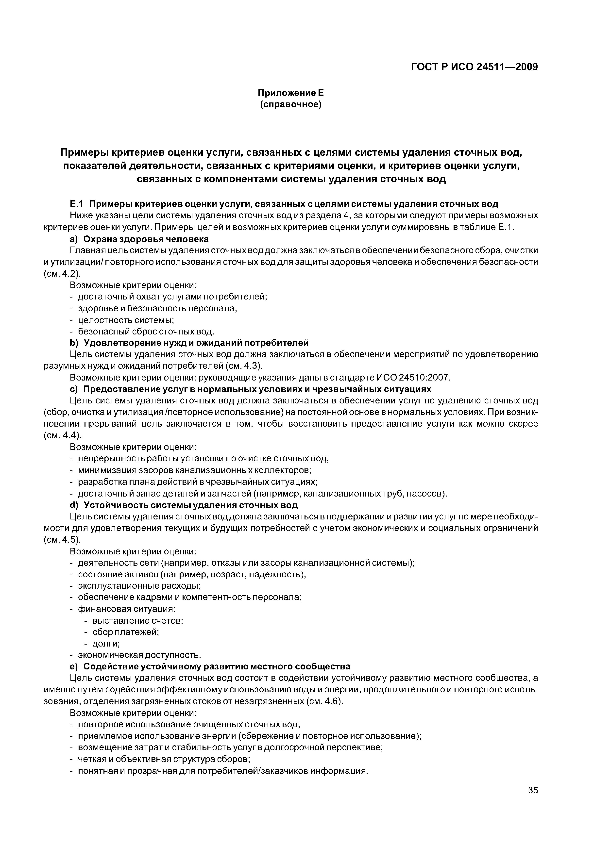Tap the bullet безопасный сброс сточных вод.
tap(146, 332)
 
